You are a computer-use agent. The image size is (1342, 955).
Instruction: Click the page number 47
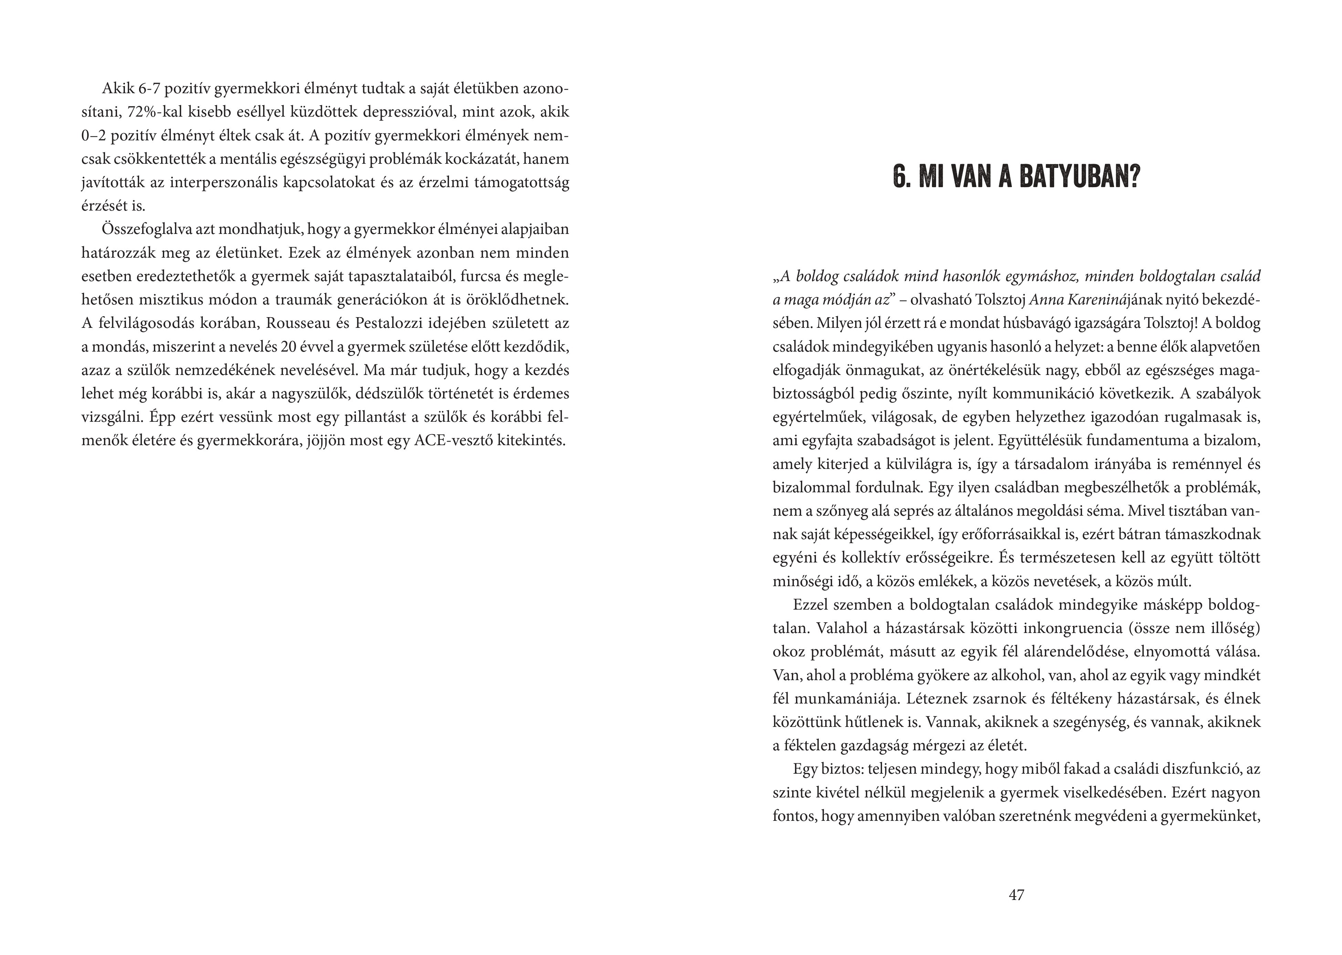pos(1016,895)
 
